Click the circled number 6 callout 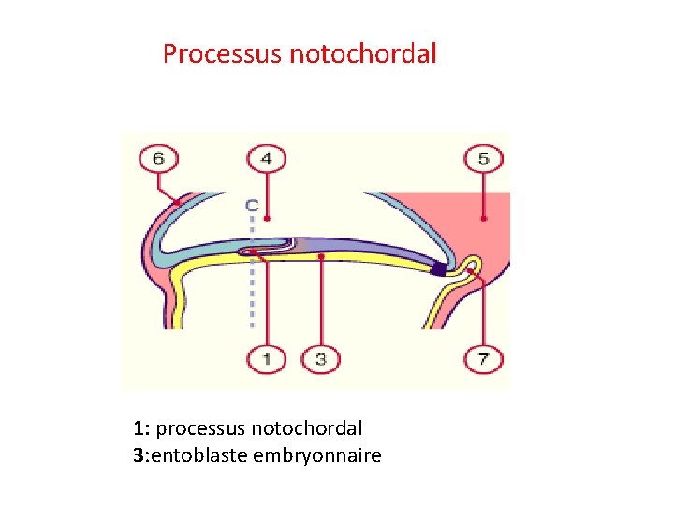click(157, 159)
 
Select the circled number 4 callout click(267, 159)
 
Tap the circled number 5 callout click(483, 159)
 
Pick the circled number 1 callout click(267, 359)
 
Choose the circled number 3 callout click(320, 359)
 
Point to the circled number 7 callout click(483, 359)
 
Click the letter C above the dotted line click(252, 204)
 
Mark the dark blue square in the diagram click(438, 269)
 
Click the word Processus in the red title click(223, 53)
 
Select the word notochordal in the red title click(363, 53)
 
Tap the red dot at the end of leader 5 click(483, 219)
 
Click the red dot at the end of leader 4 click(267, 219)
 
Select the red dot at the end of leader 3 click(320, 255)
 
